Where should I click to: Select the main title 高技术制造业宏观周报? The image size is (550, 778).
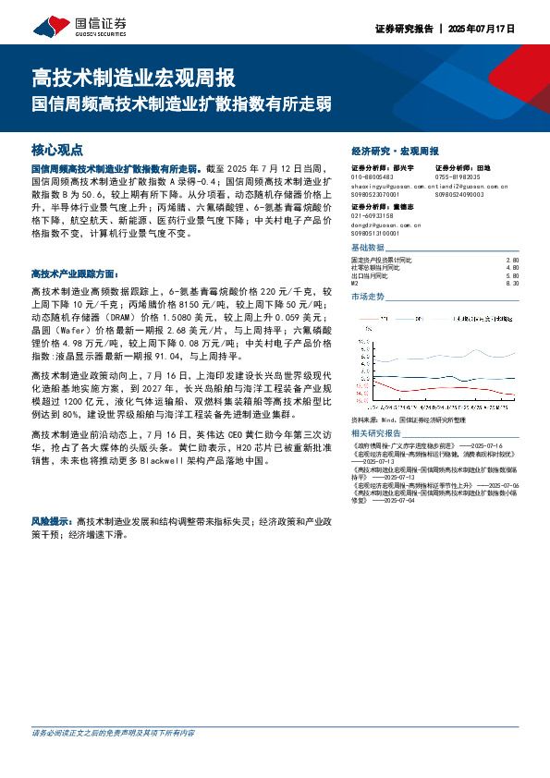pos(133,76)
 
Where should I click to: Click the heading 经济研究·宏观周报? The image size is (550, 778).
pos(395,150)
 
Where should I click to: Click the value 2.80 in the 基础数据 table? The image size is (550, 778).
pos(514,261)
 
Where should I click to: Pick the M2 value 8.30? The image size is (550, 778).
pos(514,283)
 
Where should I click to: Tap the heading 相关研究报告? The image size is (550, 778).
pos(376,433)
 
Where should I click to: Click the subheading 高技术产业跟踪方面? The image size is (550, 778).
pos(74,274)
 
